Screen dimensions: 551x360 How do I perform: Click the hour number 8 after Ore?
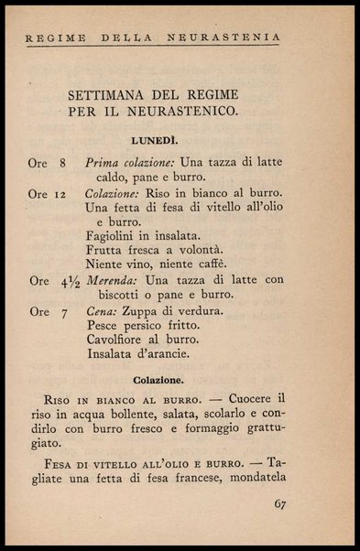(x=62, y=163)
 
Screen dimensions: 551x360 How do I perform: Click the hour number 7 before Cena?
(x=63, y=312)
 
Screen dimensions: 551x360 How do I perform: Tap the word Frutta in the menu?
(x=105, y=250)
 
